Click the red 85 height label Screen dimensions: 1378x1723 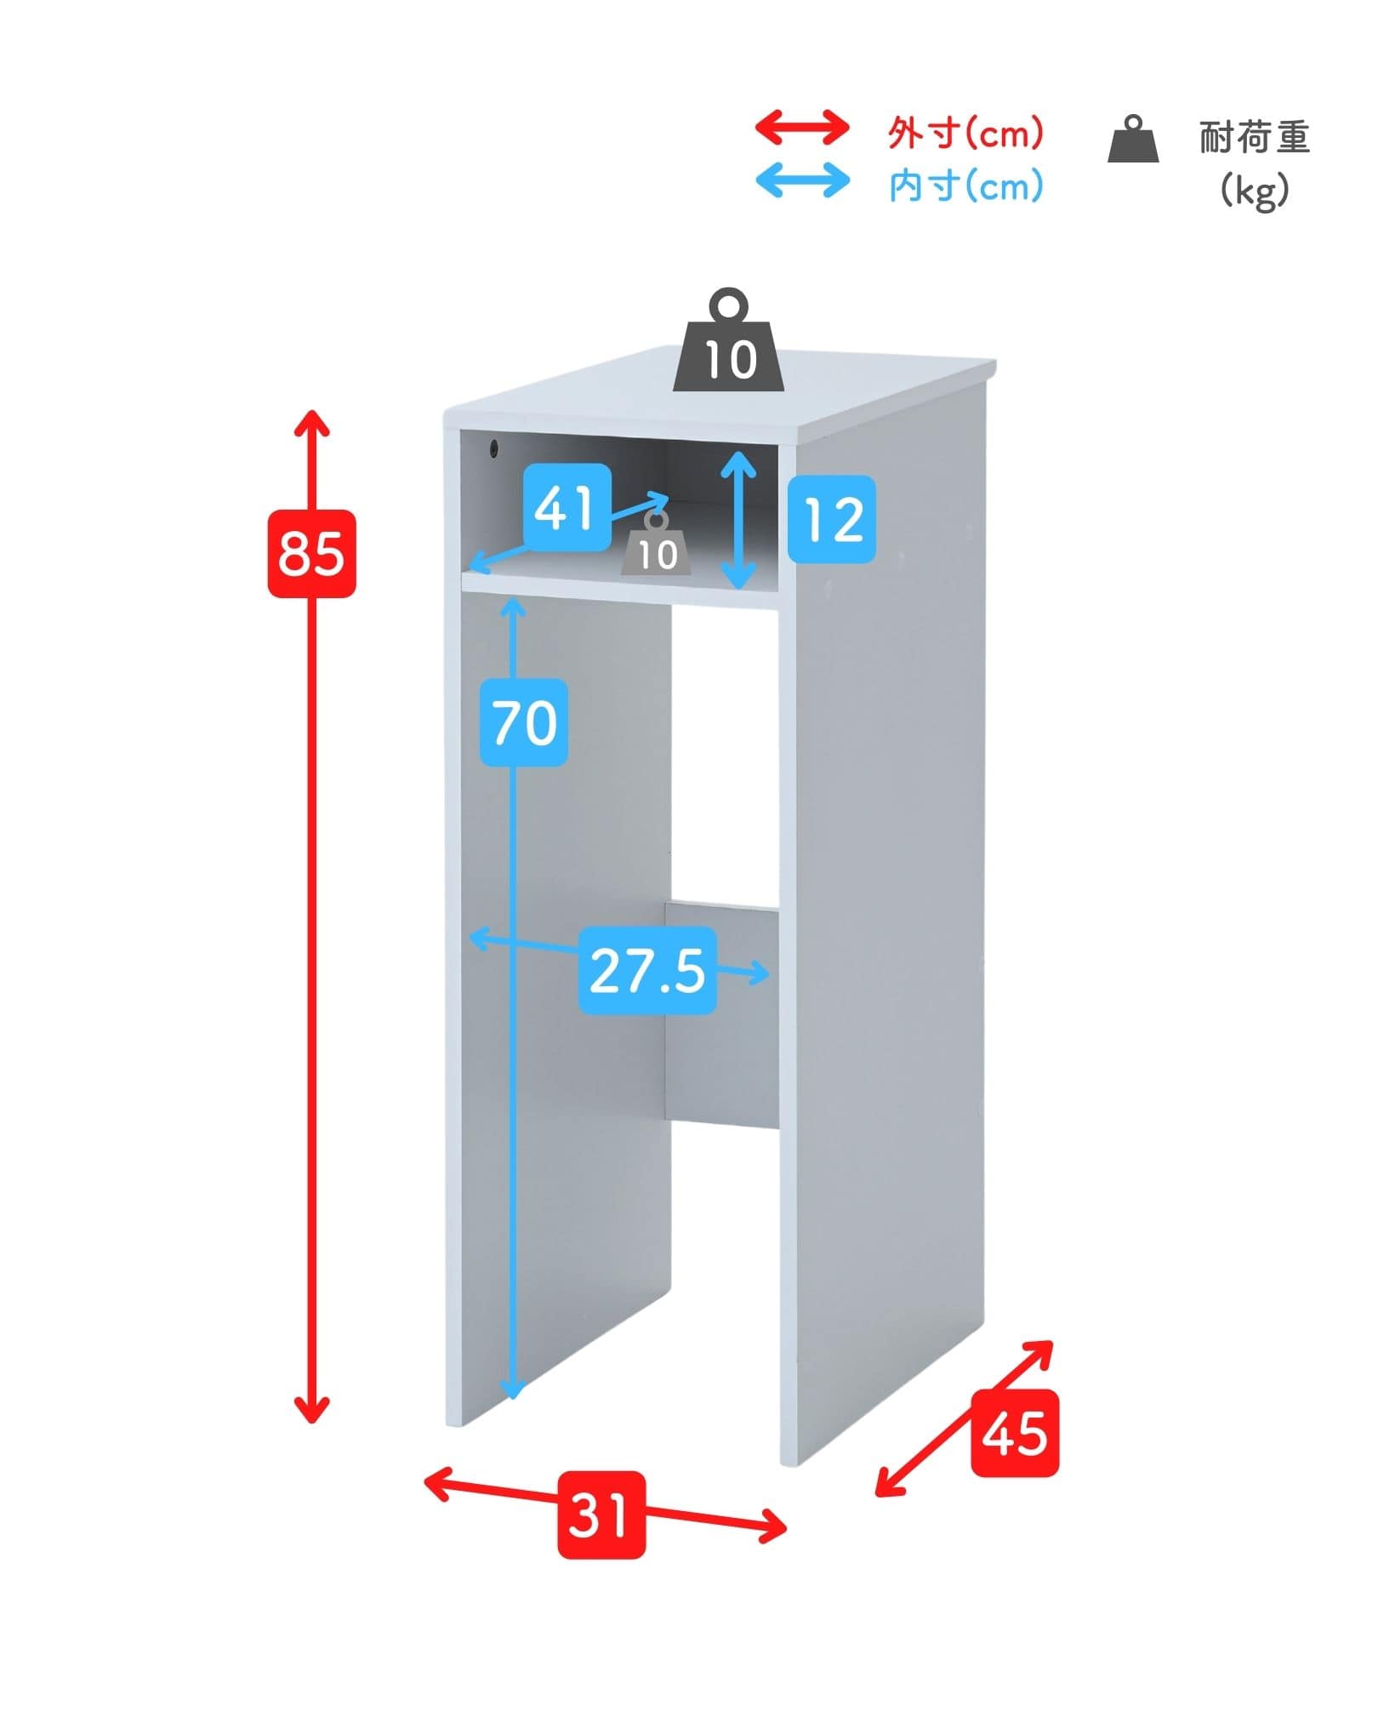311,553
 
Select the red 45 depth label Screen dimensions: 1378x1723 1015,1433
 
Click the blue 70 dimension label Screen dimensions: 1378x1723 524,722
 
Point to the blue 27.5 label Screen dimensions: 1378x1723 647,970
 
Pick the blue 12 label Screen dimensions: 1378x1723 831,519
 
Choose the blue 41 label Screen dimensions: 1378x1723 567,507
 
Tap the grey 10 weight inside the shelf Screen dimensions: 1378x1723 656,545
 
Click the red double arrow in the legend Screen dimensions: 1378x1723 802,128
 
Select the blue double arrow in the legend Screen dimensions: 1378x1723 802,181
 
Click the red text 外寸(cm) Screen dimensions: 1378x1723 965,133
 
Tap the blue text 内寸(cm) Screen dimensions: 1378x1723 965,185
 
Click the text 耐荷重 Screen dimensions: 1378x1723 1255,137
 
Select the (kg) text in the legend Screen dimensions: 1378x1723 1255,190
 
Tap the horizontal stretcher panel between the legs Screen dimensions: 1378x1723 722,1016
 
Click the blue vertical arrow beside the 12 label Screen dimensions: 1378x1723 739,519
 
